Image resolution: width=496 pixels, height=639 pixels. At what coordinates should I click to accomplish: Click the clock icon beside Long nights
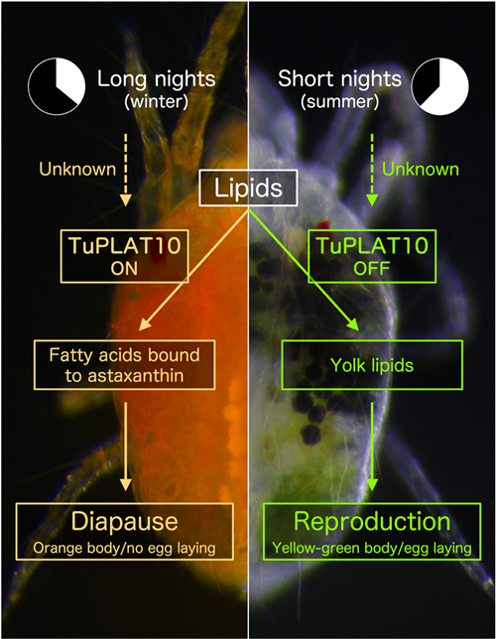click(57, 86)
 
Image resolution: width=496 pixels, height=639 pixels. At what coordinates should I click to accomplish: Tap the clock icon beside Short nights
click(439, 86)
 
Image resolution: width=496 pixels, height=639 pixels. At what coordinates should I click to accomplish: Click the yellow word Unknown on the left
click(77, 169)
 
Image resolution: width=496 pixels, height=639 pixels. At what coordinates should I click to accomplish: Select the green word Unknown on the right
click(421, 169)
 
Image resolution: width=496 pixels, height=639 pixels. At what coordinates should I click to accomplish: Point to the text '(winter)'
click(157, 101)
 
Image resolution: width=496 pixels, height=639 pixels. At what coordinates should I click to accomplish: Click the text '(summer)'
click(340, 101)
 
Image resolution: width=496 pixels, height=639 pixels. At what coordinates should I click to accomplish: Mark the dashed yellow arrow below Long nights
click(126, 170)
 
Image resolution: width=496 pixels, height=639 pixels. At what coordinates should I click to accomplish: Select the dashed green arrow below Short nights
click(372, 170)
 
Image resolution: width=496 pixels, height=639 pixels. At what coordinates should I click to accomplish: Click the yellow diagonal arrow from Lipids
click(193, 269)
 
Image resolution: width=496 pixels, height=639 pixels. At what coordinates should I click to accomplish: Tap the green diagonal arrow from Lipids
click(304, 269)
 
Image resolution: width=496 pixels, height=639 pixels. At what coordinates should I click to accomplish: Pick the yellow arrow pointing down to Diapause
click(126, 447)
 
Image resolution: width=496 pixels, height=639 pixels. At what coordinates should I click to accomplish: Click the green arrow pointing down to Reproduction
click(372, 447)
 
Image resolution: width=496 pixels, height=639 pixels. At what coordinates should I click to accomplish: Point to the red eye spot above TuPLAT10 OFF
click(323, 225)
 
